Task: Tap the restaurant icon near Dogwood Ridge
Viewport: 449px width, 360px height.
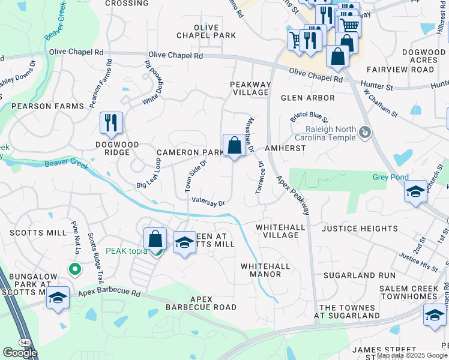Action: (x=111, y=123)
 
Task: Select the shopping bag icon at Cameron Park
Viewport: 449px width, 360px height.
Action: (x=234, y=145)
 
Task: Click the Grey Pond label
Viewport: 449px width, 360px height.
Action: (x=390, y=177)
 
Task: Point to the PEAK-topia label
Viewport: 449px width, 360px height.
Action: (x=126, y=251)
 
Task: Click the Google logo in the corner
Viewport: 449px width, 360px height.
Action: (x=20, y=353)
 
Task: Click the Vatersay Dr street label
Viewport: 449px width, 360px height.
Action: (x=208, y=202)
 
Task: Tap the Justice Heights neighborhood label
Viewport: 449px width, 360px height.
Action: (x=360, y=229)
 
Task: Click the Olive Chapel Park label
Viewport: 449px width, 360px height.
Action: (x=206, y=32)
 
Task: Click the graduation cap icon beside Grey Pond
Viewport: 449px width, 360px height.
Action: (x=415, y=192)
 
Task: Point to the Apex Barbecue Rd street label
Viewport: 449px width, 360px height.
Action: (x=109, y=294)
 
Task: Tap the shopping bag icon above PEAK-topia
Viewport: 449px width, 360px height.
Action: (x=155, y=239)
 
